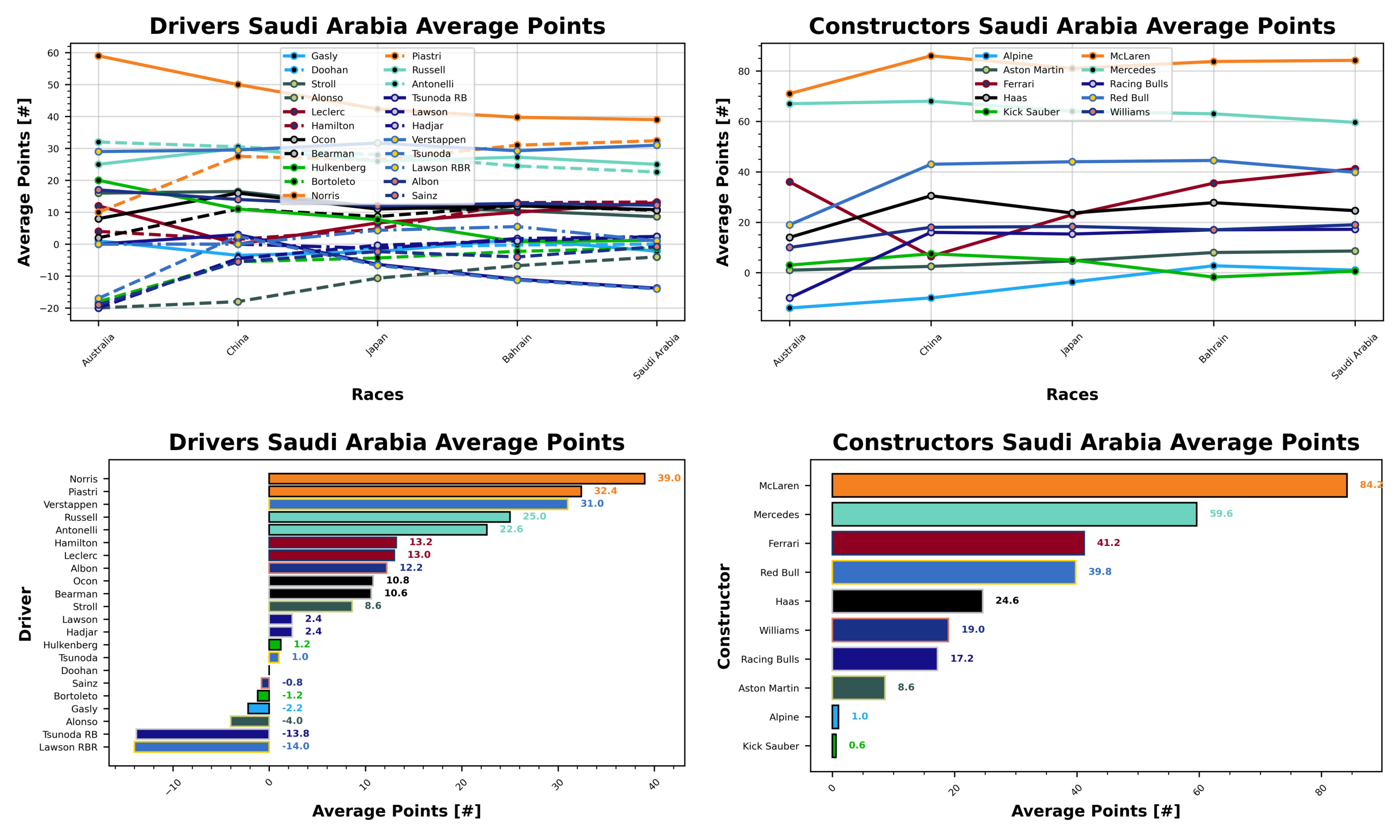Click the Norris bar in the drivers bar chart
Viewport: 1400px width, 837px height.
pyautogui.click(x=457, y=479)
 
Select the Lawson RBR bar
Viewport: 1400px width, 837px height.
pyautogui.click(x=202, y=747)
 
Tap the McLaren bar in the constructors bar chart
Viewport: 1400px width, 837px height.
pyautogui.click(x=1089, y=485)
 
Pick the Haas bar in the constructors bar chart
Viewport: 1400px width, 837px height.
pyautogui.click(x=907, y=601)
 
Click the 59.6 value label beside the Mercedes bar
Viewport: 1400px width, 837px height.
pyautogui.click(x=1220, y=514)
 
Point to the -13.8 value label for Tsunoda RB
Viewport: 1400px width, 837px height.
pyautogui.click(x=295, y=734)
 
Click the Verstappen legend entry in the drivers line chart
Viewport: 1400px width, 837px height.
pyautogui.click(x=438, y=140)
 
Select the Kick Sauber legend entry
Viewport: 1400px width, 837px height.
pyautogui.click(x=1031, y=113)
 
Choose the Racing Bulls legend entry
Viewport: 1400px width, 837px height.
pyautogui.click(x=1138, y=84)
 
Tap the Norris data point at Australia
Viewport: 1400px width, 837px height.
pyautogui.click(x=98, y=56)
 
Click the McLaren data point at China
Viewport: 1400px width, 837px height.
pyautogui.click(x=930, y=56)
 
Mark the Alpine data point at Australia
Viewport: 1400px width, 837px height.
pyautogui.click(x=789, y=308)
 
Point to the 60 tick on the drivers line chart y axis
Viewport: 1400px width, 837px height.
pyautogui.click(x=53, y=53)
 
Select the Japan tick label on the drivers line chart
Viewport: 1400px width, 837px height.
pyautogui.click(x=377, y=345)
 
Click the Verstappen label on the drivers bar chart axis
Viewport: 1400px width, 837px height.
pyautogui.click(x=71, y=505)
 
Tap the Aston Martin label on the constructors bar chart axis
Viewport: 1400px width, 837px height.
pyautogui.click(x=768, y=688)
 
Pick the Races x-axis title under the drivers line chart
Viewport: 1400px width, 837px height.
pyautogui.click(x=377, y=394)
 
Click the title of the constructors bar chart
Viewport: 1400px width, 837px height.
pyautogui.click(x=1095, y=443)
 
